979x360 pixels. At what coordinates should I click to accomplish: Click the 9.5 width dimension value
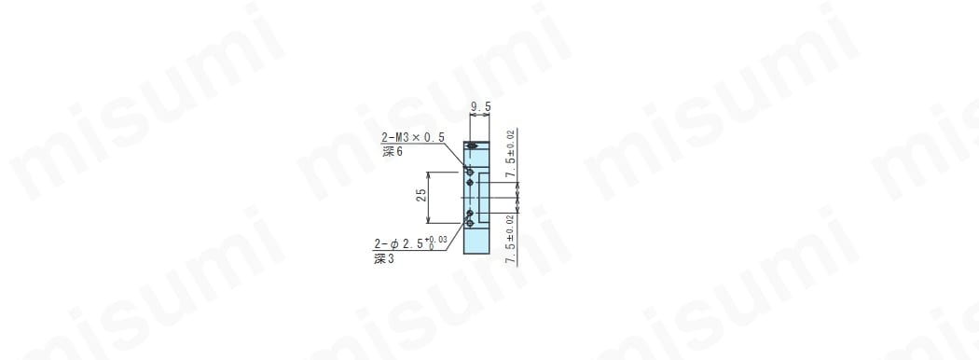coord(480,107)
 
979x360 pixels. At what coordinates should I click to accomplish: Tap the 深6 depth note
coord(393,152)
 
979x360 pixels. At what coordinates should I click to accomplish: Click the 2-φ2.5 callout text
coord(400,243)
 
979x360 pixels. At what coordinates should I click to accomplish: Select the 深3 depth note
coord(384,259)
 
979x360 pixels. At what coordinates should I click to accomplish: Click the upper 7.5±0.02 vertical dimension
coord(511,154)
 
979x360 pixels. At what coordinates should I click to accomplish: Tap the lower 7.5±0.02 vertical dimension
coord(511,240)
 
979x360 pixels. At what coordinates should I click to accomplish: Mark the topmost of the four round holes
coord(470,172)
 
